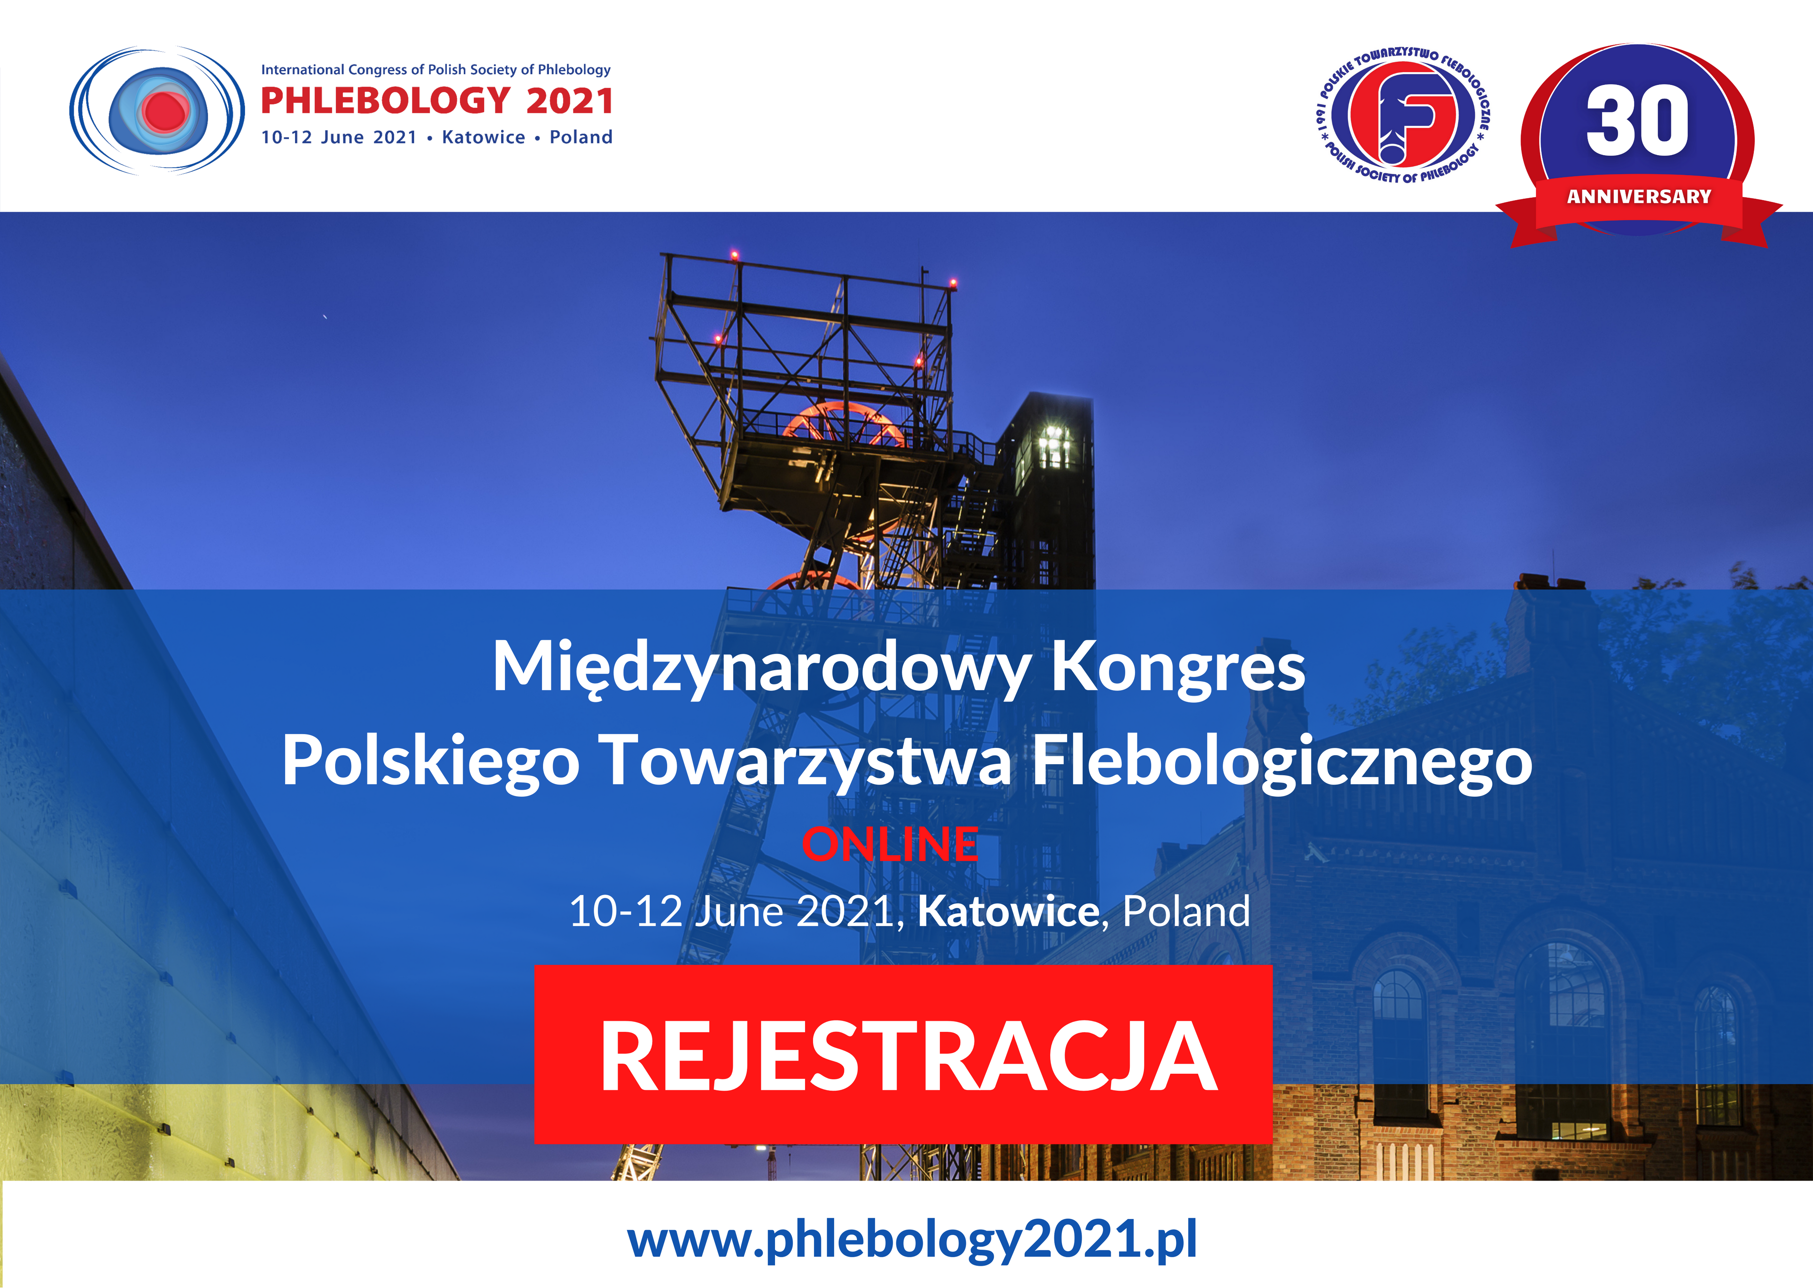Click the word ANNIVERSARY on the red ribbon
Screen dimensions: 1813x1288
[x=1639, y=196]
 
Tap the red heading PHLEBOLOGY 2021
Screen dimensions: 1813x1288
[x=437, y=101]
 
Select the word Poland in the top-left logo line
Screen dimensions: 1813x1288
[x=581, y=137]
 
